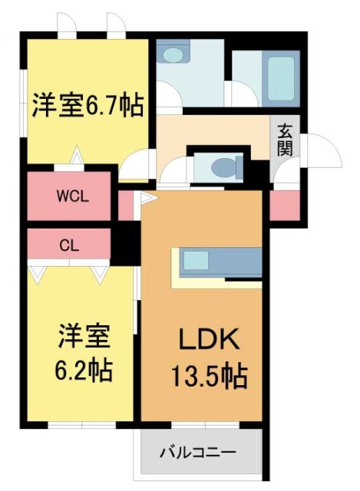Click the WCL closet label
(73, 195)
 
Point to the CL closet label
(69, 245)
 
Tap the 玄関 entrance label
(285, 139)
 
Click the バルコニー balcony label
(199, 451)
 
